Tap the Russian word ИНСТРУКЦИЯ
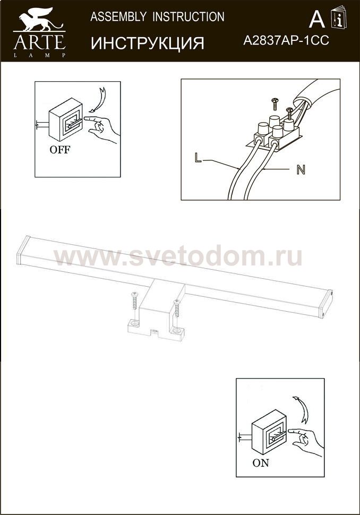pos(148,43)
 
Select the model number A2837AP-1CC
pos(286,41)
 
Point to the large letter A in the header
pos(316,19)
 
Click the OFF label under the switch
pos(60,150)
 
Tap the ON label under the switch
pos(261,463)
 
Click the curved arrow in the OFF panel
pos(98,99)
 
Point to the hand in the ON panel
pos(305,442)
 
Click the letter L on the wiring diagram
pos(198,158)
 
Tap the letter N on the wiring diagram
pos(301,169)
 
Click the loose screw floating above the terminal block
pos(275,104)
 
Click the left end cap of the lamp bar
pos(23,250)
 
